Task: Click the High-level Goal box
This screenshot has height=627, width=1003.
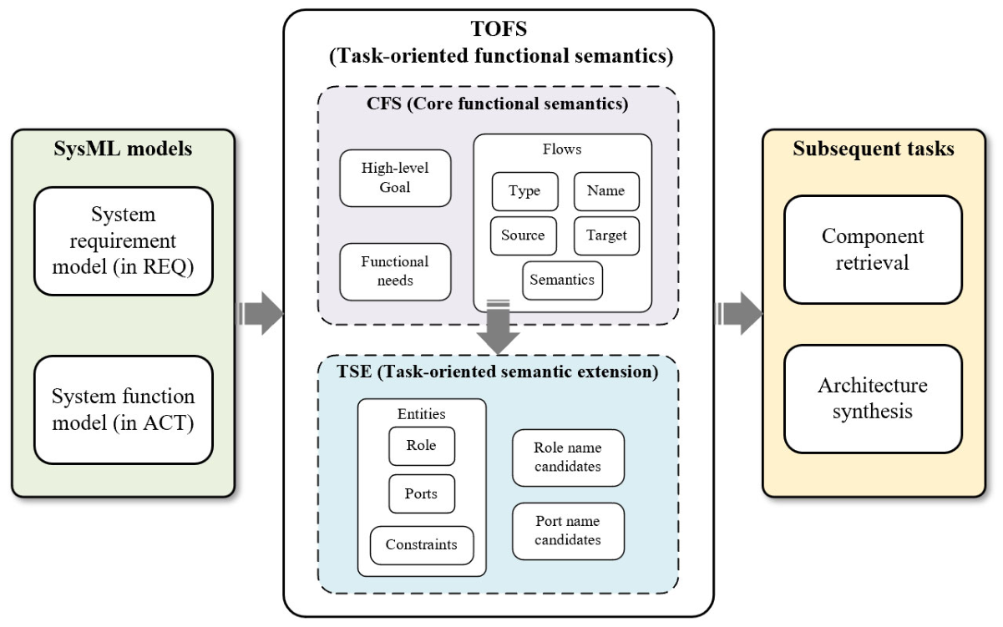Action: pos(395,178)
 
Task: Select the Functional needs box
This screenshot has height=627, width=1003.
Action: pos(395,271)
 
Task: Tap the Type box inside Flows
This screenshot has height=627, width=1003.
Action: pos(524,191)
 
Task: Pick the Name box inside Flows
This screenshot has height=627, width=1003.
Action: pos(606,191)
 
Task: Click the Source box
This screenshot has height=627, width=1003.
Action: pos(524,235)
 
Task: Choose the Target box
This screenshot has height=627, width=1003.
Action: pos(606,235)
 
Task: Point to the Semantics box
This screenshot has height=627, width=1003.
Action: pos(562,281)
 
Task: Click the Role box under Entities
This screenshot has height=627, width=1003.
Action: pos(422,446)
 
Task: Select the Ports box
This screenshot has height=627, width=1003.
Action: pos(422,493)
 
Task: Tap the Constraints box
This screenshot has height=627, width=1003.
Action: pos(422,545)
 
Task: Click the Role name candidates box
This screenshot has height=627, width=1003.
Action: pos(568,458)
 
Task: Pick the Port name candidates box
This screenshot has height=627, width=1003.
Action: pos(568,531)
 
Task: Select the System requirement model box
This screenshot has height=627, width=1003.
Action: pos(123,241)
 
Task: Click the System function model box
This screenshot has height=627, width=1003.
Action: pos(123,410)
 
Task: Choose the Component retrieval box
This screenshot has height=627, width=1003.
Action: pos(873,250)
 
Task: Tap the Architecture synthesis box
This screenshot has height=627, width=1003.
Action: pos(873,399)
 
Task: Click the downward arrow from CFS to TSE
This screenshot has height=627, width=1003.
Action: pos(499,326)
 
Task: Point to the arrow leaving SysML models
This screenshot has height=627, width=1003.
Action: pos(260,313)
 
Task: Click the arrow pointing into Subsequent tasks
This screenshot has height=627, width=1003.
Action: pos(739,313)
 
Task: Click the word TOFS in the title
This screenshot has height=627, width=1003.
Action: pos(499,28)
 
